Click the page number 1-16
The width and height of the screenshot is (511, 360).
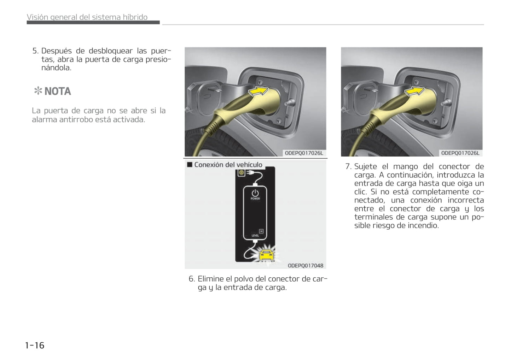(35, 345)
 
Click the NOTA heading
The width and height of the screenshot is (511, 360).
(58, 92)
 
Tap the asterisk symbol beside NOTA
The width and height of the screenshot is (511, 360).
(38, 91)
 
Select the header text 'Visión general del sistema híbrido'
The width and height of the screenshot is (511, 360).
(87, 17)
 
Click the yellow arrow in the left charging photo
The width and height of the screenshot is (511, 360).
(258, 91)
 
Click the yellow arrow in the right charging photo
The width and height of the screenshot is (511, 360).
(414, 91)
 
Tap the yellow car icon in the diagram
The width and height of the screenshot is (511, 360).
(266, 254)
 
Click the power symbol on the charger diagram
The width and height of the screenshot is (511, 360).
(255, 193)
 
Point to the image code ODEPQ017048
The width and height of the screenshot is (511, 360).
(305, 266)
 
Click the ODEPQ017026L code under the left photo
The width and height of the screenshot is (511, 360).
(304, 153)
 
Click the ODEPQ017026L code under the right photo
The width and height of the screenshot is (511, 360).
(460, 153)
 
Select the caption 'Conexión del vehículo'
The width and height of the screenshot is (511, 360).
(228, 165)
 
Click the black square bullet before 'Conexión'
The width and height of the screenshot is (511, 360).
(190, 165)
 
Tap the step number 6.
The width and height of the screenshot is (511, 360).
(191, 279)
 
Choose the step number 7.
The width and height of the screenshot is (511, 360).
(348, 166)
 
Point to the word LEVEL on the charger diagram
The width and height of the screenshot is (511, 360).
(255, 235)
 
